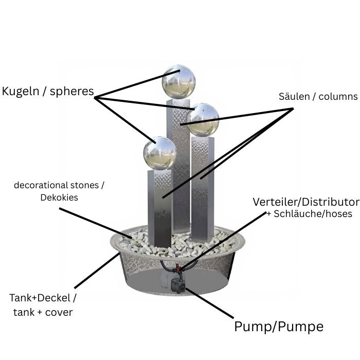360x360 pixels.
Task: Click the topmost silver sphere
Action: (178, 82)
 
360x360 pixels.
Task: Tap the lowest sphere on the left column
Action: (159, 153)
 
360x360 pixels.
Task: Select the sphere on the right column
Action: (203, 120)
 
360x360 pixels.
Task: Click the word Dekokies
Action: (59, 197)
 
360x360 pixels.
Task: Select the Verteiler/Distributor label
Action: (306, 201)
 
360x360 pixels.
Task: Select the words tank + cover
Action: (43, 312)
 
